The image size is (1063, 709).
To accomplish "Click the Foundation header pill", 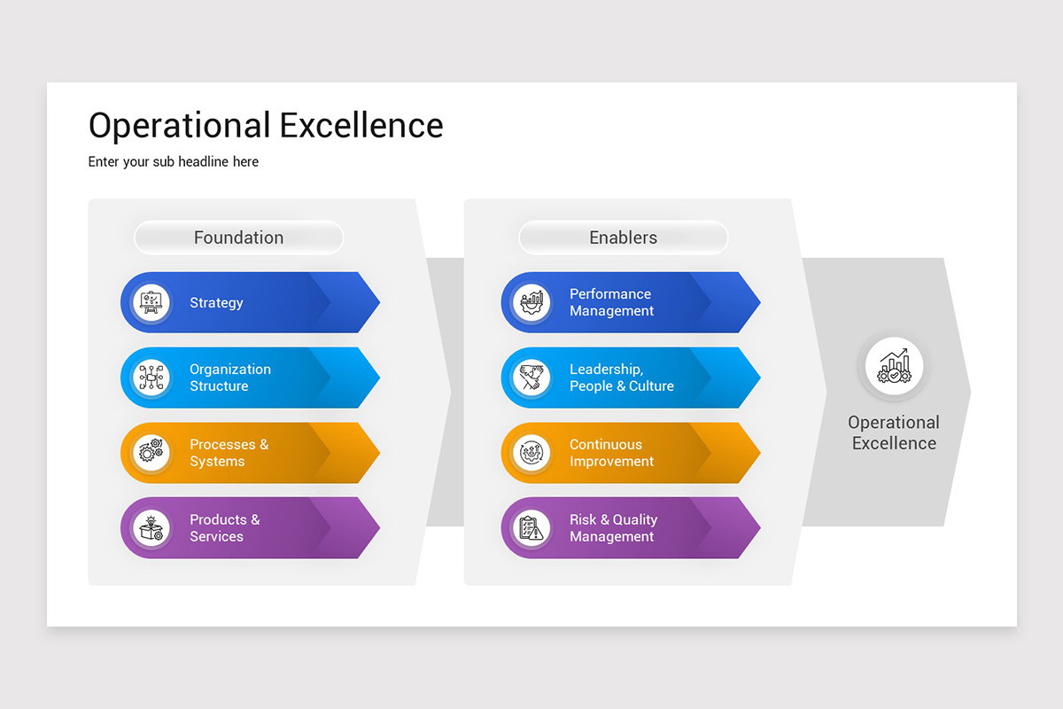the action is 238,238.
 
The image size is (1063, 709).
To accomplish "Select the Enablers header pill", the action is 623,238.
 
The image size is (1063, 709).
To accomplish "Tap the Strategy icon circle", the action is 151,302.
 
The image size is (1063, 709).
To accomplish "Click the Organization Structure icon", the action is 151,378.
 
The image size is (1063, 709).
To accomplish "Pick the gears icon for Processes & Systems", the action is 151,453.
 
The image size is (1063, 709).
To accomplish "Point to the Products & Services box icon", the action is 151,528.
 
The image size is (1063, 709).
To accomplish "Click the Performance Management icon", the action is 531,302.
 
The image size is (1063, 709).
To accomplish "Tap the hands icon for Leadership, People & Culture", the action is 531,378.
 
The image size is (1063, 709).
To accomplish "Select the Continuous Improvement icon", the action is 531,453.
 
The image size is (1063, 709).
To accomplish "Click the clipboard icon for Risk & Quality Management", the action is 531,528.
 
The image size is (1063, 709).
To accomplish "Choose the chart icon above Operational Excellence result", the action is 894,366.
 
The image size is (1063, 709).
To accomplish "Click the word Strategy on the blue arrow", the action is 216,303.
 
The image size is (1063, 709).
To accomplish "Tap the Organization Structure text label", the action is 230,378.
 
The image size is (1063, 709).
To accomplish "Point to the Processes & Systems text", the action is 229,453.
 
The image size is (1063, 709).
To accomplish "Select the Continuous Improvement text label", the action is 612,453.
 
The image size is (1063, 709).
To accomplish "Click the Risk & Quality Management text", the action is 614,528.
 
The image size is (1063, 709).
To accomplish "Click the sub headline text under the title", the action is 174,162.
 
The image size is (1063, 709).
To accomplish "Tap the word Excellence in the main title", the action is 361,125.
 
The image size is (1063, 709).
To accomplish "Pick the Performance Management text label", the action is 612,302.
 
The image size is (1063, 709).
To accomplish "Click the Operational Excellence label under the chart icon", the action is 894,432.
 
